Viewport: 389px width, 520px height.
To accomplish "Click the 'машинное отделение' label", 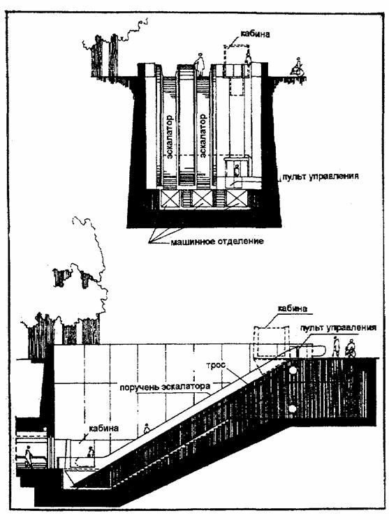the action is (217, 241).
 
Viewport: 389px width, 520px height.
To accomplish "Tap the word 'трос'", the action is (216, 366).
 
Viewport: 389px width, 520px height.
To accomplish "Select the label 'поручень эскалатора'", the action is (165, 387).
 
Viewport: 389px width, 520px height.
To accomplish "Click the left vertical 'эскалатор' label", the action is (169, 136).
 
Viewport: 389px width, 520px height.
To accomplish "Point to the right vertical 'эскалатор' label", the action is (203, 136).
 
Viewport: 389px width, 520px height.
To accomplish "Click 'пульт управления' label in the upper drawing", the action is (321, 176).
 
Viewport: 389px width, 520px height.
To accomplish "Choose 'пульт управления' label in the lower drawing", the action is (338, 328).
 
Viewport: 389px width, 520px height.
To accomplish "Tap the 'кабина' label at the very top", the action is (255, 34).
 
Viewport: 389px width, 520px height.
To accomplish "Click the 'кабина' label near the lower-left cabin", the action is (103, 428).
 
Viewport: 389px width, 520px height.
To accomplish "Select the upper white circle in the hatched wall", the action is (293, 371).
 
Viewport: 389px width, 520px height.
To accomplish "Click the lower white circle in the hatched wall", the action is (293, 409).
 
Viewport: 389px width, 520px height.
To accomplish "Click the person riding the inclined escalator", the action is (147, 429).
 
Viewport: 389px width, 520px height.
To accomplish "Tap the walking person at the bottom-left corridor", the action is (29, 456).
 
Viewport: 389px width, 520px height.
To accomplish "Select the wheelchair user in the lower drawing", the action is (350, 348).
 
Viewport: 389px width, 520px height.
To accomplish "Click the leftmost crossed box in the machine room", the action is (170, 199).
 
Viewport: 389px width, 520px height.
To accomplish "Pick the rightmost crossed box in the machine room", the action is (237, 199).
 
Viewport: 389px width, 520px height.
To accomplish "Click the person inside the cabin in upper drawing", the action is (236, 171).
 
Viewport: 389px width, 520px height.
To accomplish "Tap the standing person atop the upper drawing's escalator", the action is (200, 64).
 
